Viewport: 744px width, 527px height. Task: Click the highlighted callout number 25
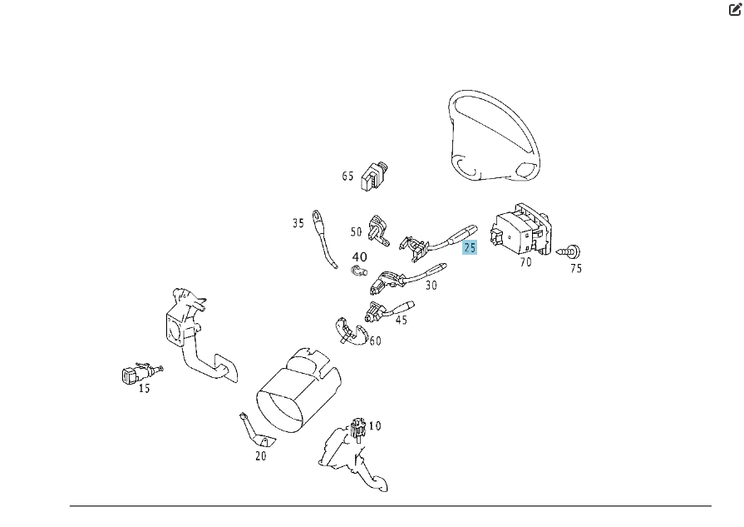click(470, 247)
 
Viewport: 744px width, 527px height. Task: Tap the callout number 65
click(347, 176)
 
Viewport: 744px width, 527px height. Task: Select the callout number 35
click(298, 223)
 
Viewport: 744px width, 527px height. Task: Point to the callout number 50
click(356, 232)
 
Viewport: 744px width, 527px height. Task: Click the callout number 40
click(360, 257)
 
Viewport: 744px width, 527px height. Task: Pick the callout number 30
click(431, 285)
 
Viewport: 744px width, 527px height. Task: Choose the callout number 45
click(402, 320)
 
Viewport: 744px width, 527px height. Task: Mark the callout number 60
click(375, 341)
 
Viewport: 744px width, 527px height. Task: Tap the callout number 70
click(525, 262)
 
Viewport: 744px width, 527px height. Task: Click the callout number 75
click(576, 268)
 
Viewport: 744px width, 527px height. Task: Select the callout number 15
click(145, 388)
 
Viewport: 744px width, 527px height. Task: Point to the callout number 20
click(261, 455)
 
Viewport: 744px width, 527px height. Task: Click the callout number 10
click(375, 425)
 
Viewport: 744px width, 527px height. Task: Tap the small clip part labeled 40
click(359, 271)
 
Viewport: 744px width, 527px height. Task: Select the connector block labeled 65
click(375, 176)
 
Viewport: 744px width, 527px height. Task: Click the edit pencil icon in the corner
click(735, 9)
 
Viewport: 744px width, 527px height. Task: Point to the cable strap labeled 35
click(323, 239)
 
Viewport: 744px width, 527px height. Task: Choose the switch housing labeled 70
click(521, 229)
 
